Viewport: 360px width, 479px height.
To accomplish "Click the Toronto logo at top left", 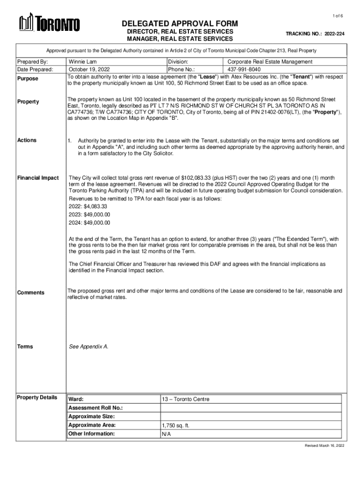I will [49, 23].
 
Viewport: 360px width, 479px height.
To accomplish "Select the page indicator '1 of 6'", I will [338, 16].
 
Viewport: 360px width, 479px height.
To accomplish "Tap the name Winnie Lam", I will [83, 62].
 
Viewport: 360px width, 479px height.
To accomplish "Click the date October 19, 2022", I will [89, 69].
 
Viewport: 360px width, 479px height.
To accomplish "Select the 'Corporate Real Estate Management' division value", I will [270, 62].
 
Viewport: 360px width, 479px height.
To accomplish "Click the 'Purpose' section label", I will [28, 79].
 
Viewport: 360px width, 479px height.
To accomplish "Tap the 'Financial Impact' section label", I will [38, 178].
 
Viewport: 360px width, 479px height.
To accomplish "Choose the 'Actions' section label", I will [27, 140].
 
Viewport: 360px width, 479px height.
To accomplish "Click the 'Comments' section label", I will [31, 293].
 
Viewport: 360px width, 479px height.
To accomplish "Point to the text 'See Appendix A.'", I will [88, 347].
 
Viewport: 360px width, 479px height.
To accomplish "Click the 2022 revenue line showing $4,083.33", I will [88, 206].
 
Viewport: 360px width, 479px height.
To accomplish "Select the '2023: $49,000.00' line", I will [89, 214].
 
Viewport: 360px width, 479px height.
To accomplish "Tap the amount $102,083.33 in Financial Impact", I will [193, 178].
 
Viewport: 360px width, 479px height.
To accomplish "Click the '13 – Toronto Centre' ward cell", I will [186, 399].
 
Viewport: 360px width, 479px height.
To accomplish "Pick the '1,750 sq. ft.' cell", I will [175, 426].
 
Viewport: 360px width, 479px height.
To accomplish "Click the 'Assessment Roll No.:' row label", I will [95, 408].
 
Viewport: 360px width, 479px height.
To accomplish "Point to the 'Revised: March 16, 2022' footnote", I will [324, 446].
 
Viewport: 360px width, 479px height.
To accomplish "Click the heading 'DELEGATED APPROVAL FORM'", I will [180, 23].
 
